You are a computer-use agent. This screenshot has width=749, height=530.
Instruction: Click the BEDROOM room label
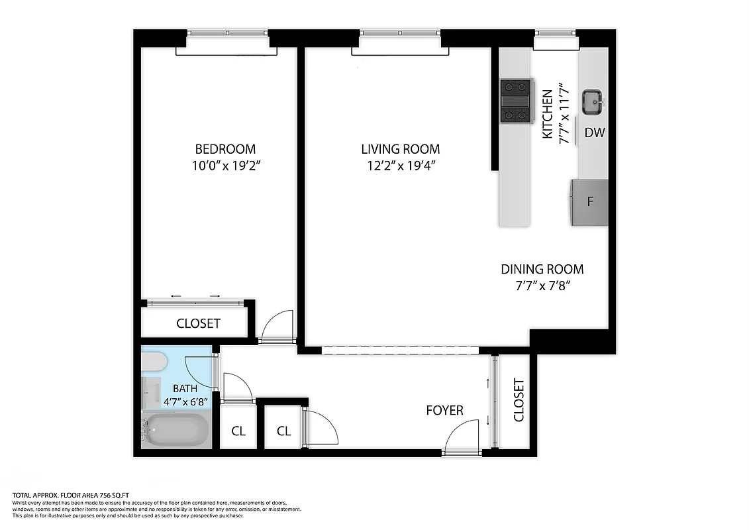tap(225, 149)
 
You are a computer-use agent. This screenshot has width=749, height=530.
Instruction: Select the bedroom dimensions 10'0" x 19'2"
tap(225, 166)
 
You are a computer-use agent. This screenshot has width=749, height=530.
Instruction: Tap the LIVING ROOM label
tap(400, 149)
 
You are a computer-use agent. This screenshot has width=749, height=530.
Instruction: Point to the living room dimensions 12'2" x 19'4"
tap(400, 166)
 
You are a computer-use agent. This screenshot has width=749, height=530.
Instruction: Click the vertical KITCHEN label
tap(547, 114)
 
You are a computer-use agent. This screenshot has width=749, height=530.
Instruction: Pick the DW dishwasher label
tap(594, 132)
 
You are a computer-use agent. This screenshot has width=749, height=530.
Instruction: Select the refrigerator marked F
tap(590, 201)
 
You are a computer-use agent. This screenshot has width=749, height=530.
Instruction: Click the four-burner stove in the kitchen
tap(517, 101)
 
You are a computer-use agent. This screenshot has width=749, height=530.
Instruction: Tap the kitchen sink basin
tap(591, 102)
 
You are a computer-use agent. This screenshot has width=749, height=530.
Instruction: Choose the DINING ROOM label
tap(542, 269)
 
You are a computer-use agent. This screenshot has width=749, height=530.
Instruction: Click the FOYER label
tap(444, 411)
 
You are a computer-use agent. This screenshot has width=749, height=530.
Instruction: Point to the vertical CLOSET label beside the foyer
tap(519, 400)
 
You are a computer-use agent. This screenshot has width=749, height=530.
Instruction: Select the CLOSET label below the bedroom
tap(198, 323)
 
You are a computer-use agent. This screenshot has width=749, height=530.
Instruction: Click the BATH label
tap(185, 389)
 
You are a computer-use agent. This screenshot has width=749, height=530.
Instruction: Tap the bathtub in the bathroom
tap(177, 431)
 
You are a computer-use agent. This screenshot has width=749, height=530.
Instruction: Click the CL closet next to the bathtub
tap(238, 431)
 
